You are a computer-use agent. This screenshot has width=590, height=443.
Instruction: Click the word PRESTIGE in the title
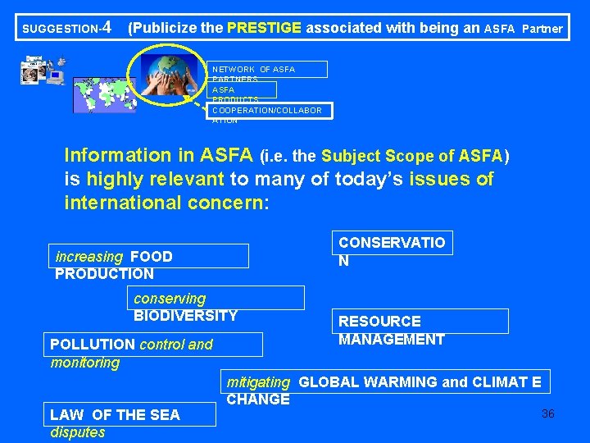tap(264, 28)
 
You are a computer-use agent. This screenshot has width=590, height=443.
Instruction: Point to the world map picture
tap(103, 94)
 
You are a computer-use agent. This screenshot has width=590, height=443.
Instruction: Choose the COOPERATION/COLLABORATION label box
tap(267, 110)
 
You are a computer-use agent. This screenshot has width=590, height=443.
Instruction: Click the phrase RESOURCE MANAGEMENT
tap(391, 330)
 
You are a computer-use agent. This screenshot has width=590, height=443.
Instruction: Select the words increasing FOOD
tap(114, 256)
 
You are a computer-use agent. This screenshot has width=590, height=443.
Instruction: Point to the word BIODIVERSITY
tap(185, 316)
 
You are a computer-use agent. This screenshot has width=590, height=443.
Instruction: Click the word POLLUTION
tap(93, 345)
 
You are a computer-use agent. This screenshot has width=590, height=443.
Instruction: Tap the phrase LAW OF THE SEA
tap(115, 415)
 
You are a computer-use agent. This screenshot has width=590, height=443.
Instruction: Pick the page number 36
tap(547, 413)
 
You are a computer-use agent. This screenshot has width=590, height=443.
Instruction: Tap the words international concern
tap(166, 202)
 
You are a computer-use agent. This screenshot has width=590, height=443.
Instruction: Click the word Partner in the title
tap(542, 29)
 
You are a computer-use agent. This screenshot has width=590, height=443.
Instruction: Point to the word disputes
tap(78, 432)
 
